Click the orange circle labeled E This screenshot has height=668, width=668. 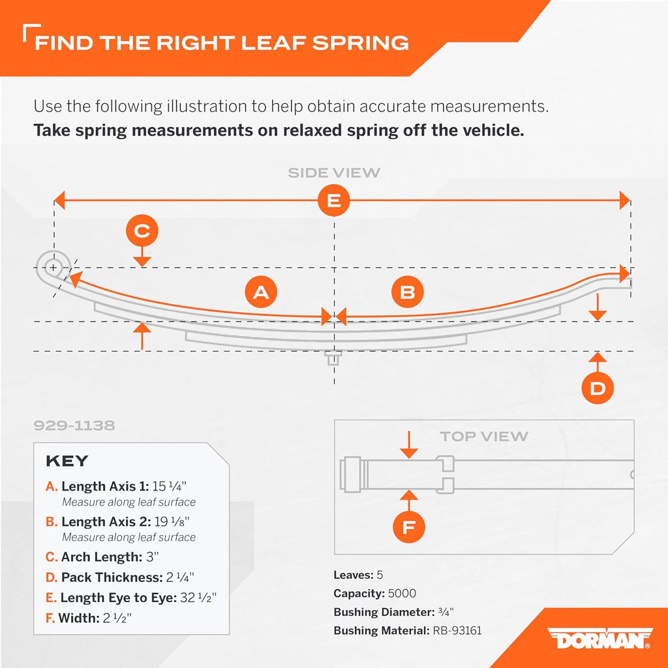pyautogui.click(x=333, y=200)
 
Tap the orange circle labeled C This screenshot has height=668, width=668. pyautogui.click(x=142, y=230)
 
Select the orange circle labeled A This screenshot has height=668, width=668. pyautogui.click(x=261, y=292)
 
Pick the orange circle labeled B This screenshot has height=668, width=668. pyautogui.click(x=407, y=292)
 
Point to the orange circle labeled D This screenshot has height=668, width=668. pyautogui.click(x=598, y=388)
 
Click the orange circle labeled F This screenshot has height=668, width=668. pyautogui.click(x=408, y=527)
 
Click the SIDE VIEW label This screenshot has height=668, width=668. pyautogui.click(x=333, y=172)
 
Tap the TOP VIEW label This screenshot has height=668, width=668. pyautogui.click(x=484, y=436)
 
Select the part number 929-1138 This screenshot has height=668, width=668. pyautogui.click(x=74, y=425)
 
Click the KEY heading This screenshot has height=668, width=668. pyautogui.click(x=67, y=461)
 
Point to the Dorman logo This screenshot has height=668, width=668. pyautogui.click(x=600, y=638)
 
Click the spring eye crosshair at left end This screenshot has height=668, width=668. pyautogui.click(x=53, y=267)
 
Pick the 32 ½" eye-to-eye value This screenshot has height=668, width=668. pyautogui.click(x=198, y=598)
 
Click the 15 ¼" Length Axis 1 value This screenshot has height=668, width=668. pyautogui.click(x=170, y=486)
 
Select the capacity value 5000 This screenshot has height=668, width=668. pyautogui.click(x=402, y=593)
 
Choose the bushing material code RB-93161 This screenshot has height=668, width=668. pyautogui.click(x=457, y=630)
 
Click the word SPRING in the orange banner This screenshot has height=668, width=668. pyautogui.click(x=360, y=43)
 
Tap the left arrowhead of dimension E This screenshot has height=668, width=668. pyautogui.click(x=59, y=200)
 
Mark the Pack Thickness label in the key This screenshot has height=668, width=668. pyautogui.click(x=112, y=577)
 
